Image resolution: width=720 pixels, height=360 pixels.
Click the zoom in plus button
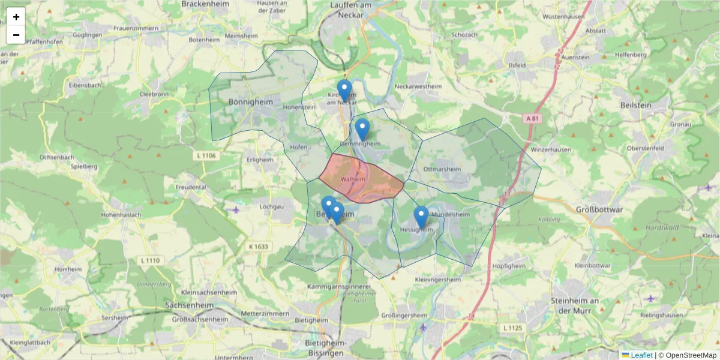[16, 17]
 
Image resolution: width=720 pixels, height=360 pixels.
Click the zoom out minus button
[16, 35]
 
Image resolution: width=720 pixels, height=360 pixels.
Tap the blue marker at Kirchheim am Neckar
[344, 91]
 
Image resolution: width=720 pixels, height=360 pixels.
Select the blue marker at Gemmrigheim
[362, 129]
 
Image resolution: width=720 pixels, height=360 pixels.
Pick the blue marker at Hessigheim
[421, 217]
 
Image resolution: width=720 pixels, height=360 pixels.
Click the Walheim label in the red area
[353, 179]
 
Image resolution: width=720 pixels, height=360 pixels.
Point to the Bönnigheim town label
[250, 102]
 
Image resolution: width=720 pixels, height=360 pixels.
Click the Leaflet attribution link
[641, 355]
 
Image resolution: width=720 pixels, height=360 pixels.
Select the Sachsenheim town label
[189, 305]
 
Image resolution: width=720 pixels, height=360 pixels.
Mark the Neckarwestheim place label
[418, 86]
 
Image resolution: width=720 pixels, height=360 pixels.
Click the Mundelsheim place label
[449, 214]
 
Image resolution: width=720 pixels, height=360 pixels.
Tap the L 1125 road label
[513, 328]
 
